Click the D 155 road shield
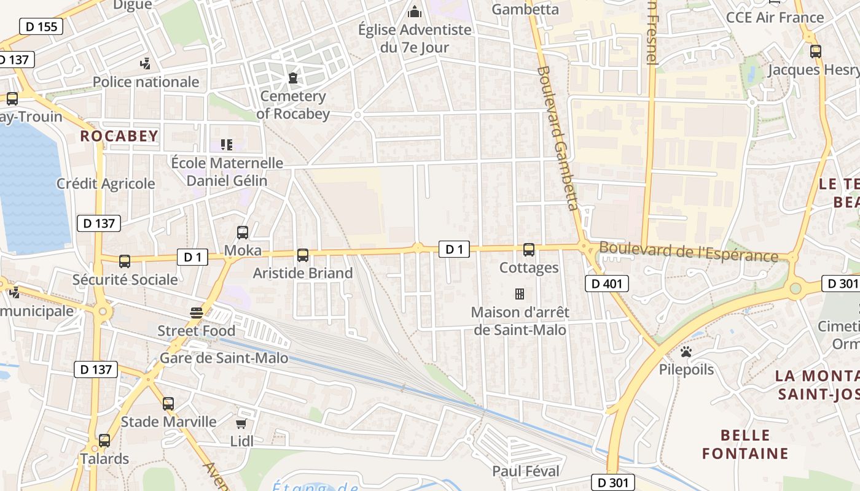pos(42,26)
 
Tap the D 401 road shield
pos(607,283)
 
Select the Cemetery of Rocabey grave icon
pos(292,78)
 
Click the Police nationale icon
pos(146,63)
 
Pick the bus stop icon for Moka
pos(243,233)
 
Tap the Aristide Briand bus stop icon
pos(302,255)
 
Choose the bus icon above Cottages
pos(529,250)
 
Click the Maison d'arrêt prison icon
pos(519,294)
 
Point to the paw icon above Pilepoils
pos(686,352)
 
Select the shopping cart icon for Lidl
pos(241,423)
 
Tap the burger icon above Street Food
pos(197,313)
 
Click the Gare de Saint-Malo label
pos(224,358)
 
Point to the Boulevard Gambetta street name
pos(558,138)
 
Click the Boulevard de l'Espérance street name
pos(688,252)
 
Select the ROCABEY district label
pos(119,136)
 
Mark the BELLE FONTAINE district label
pos(745,444)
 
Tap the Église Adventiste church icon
pos(415,12)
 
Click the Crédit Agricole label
pos(106,184)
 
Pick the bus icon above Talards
pos(104,441)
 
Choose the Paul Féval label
pos(526,471)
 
